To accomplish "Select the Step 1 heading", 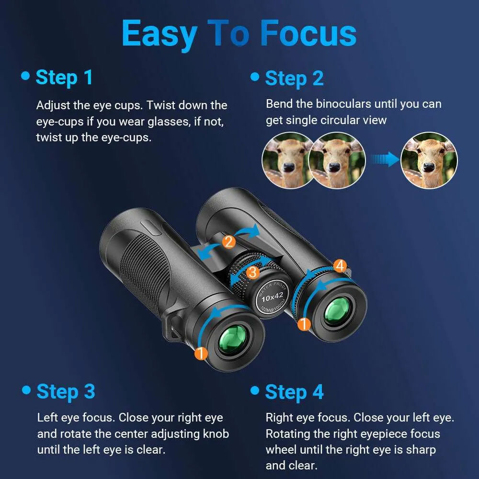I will pyautogui.click(x=64, y=77).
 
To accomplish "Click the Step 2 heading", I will pyautogui.click(x=294, y=79).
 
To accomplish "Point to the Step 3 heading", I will pyautogui.click(x=66, y=391).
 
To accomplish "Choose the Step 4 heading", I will pyautogui.click(x=294, y=392).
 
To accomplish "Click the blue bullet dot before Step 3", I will pyautogui.click(x=26, y=390).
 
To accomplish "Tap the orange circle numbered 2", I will pyautogui.click(x=229, y=242).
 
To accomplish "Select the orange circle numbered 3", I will pyautogui.click(x=253, y=272).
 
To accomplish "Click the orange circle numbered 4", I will pyautogui.click(x=340, y=265).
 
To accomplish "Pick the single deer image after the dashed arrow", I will pyautogui.click(x=429, y=160).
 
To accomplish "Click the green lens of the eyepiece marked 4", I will pyautogui.click(x=339, y=310).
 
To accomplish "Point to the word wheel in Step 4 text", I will pyautogui.click(x=281, y=450).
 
